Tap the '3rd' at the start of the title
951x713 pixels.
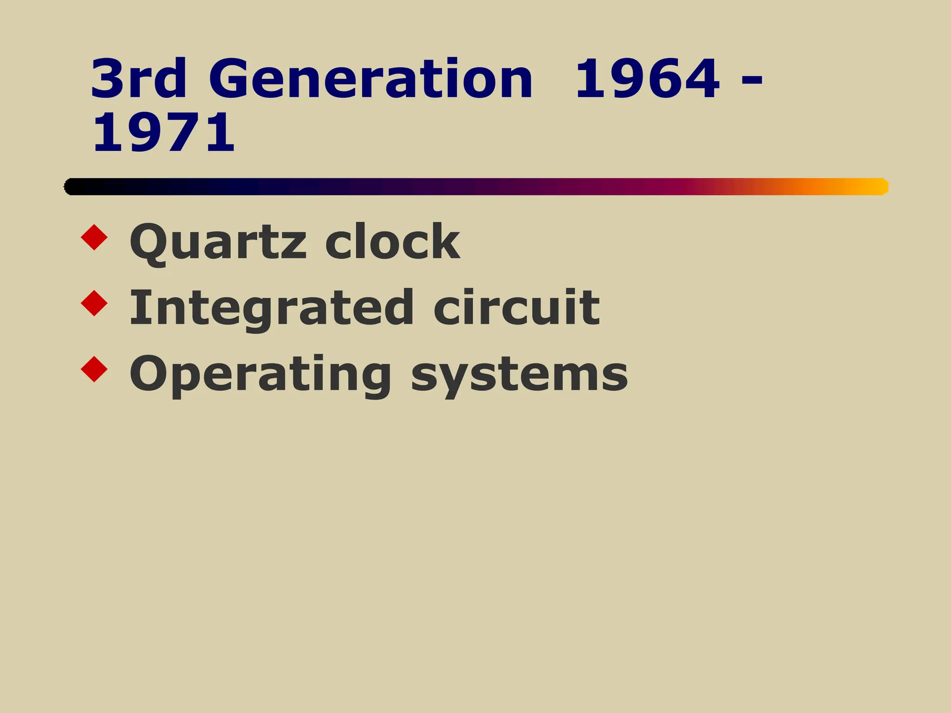coord(138,79)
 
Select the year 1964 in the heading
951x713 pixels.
coord(647,79)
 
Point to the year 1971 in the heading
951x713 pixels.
coord(163,133)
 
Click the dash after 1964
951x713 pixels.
coord(752,80)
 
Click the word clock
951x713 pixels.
coord(392,241)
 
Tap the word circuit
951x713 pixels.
coord(516,307)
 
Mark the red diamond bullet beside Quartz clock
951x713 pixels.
coord(94,237)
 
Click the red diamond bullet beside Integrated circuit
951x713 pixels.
coord(94,304)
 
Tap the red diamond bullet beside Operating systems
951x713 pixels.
coord(94,369)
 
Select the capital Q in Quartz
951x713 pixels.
coord(148,242)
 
